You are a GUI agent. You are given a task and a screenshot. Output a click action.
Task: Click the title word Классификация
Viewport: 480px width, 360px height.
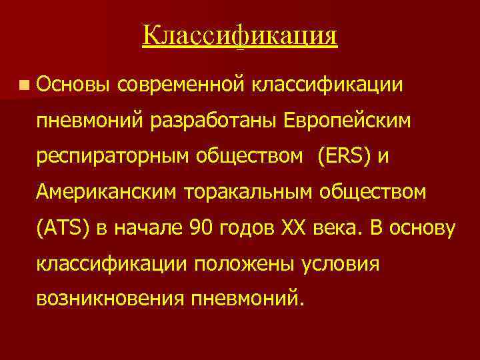240,35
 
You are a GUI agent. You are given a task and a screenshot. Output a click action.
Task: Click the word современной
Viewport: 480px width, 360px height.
184,85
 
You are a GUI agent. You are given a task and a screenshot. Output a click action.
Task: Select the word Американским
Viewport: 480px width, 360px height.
105,194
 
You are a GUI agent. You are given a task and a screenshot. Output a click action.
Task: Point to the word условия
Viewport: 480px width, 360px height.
339,265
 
